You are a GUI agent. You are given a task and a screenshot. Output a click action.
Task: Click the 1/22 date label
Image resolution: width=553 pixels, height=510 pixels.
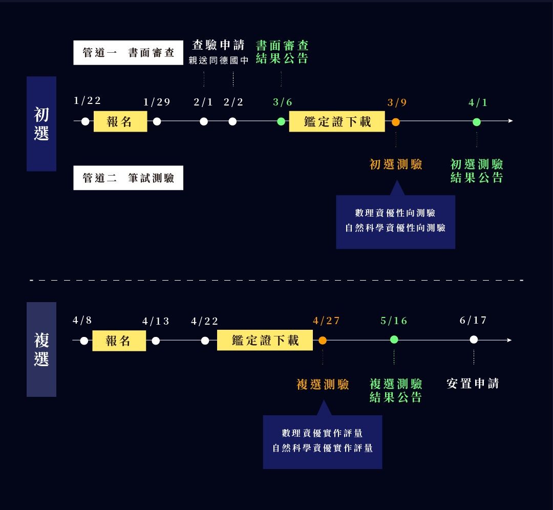click(87, 100)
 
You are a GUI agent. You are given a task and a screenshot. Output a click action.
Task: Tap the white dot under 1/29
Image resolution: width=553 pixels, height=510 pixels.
click(157, 121)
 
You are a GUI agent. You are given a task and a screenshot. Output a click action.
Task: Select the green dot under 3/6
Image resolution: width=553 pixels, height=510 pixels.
click(281, 121)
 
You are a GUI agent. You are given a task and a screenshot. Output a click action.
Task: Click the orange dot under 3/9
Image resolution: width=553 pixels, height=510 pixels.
click(395, 122)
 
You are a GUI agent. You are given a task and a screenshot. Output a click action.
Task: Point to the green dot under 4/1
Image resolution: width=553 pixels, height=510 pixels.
click(477, 122)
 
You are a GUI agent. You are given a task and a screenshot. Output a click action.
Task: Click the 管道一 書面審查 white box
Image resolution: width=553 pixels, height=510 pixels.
click(128, 53)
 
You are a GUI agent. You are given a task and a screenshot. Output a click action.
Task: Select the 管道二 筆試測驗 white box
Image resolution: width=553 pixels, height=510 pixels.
click(128, 178)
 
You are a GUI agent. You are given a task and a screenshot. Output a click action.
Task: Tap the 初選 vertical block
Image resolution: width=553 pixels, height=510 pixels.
click(41, 124)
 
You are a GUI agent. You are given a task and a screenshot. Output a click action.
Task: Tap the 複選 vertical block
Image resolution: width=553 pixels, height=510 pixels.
click(41, 349)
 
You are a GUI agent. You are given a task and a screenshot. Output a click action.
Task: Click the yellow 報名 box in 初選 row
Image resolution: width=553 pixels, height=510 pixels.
click(120, 122)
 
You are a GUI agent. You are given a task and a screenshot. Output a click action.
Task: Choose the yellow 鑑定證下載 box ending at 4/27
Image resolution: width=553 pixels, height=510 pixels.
click(265, 341)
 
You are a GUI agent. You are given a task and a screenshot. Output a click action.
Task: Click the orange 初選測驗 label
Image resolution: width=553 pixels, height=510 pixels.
click(396, 164)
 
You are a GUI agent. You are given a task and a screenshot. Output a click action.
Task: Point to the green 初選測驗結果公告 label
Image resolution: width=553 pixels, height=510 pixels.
click(477, 171)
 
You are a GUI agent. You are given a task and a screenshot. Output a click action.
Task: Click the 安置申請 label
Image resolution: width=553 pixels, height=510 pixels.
click(473, 384)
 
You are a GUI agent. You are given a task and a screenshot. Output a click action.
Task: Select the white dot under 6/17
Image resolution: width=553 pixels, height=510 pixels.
click(474, 339)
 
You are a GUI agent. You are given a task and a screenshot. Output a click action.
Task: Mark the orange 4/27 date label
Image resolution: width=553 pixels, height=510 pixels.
click(326, 321)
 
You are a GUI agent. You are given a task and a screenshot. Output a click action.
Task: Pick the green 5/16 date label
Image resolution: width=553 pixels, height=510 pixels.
click(394, 321)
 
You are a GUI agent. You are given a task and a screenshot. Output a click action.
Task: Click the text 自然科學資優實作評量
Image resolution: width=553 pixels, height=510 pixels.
click(323, 449)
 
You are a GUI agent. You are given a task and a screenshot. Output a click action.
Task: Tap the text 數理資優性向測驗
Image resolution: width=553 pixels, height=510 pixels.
click(395, 213)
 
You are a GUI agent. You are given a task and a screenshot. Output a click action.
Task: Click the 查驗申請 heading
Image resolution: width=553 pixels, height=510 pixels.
click(219, 45)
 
